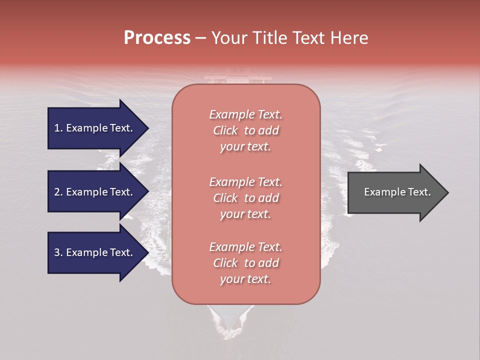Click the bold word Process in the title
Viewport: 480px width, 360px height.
pyautogui.click(x=157, y=38)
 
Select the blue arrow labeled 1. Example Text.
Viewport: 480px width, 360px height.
pyautogui.click(x=95, y=128)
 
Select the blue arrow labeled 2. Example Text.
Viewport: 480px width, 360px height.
pyautogui.click(x=95, y=192)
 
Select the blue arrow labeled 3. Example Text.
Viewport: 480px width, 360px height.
pyautogui.click(x=95, y=252)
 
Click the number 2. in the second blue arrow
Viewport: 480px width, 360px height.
pyautogui.click(x=58, y=192)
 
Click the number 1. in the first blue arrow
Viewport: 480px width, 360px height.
pyautogui.click(x=58, y=128)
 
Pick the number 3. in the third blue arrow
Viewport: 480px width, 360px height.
pyautogui.click(x=58, y=252)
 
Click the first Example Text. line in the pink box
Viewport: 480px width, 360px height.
pyautogui.click(x=245, y=114)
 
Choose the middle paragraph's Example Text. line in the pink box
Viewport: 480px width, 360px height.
pyautogui.click(x=245, y=182)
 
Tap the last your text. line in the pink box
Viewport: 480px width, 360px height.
pyautogui.click(x=245, y=279)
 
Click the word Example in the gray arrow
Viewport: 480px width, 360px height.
pyautogui.click(x=381, y=192)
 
